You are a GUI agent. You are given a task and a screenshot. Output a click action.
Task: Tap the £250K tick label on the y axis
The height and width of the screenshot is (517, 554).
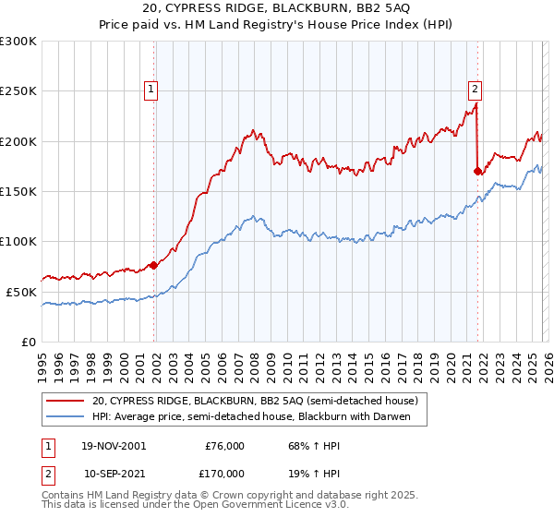18,91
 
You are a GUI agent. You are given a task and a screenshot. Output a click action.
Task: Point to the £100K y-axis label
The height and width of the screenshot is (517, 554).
18,241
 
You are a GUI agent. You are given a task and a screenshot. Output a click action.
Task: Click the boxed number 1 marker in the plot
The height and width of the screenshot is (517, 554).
151,90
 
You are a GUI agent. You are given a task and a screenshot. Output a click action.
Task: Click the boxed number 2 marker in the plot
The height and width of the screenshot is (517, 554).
475,90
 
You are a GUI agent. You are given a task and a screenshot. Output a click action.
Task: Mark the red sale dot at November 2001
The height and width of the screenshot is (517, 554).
154,265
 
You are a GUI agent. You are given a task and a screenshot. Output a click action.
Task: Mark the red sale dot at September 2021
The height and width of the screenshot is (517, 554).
477,171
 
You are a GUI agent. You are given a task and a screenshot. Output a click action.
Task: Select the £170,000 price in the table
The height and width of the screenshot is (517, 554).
224,473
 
